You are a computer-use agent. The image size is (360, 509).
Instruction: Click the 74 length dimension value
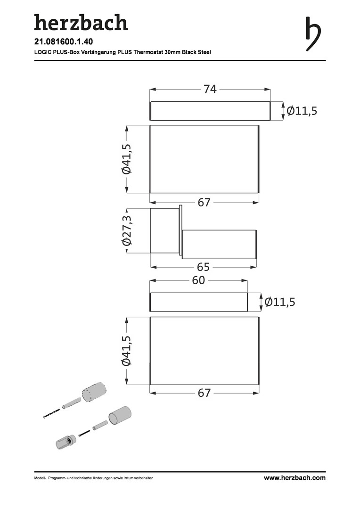pyautogui.click(x=210, y=89)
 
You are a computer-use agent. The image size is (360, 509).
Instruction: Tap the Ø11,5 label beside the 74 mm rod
pyautogui.click(x=302, y=111)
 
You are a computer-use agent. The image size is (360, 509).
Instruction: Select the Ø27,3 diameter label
pyautogui.click(x=127, y=231)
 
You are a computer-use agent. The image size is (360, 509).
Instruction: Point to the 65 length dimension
pyautogui.click(x=203, y=267)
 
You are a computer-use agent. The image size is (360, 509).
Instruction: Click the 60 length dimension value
pyautogui.click(x=198, y=280)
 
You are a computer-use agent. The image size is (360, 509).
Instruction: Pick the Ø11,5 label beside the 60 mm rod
pyautogui.click(x=280, y=302)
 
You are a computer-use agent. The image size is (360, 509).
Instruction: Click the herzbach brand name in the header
pyautogui.click(x=81, y=23)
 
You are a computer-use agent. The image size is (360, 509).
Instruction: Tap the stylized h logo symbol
pyautogui.click(x=313, y=34)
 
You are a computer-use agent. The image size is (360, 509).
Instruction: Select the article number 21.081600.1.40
pyautogui.click(x=64, y=42)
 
